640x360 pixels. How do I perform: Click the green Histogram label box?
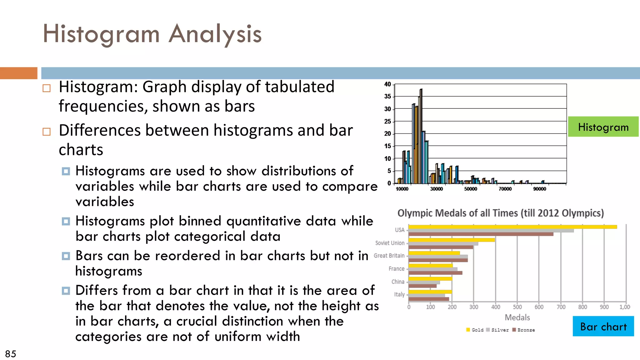(x=603, y=127)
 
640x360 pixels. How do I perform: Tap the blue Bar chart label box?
(x=603, y=326)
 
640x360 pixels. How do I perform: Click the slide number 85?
(x=11, y=354)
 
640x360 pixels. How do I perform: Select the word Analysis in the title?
(x=215, y=34)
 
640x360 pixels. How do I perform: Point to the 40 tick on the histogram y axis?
(x=387, y=84)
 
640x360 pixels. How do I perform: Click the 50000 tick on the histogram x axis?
(x=471, y=189)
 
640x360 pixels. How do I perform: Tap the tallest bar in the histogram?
(x=421, y=136)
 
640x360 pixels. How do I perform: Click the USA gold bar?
(x=512, y=227)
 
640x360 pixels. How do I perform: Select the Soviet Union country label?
(x=390, y=243)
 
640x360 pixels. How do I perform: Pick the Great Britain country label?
(x=389, y=256)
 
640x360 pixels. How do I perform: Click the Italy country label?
(x=399, y=294)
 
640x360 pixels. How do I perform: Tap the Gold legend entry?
(x=475, y=330)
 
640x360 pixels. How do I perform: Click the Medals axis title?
(x=517, y=317)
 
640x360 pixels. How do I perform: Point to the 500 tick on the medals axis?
(x=517, y=307)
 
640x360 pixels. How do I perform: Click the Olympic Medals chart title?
(x=500, y=213)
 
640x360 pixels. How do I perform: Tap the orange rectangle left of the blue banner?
(x=18, y=73)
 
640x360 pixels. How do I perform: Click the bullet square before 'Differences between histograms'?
(x=47, y=132)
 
